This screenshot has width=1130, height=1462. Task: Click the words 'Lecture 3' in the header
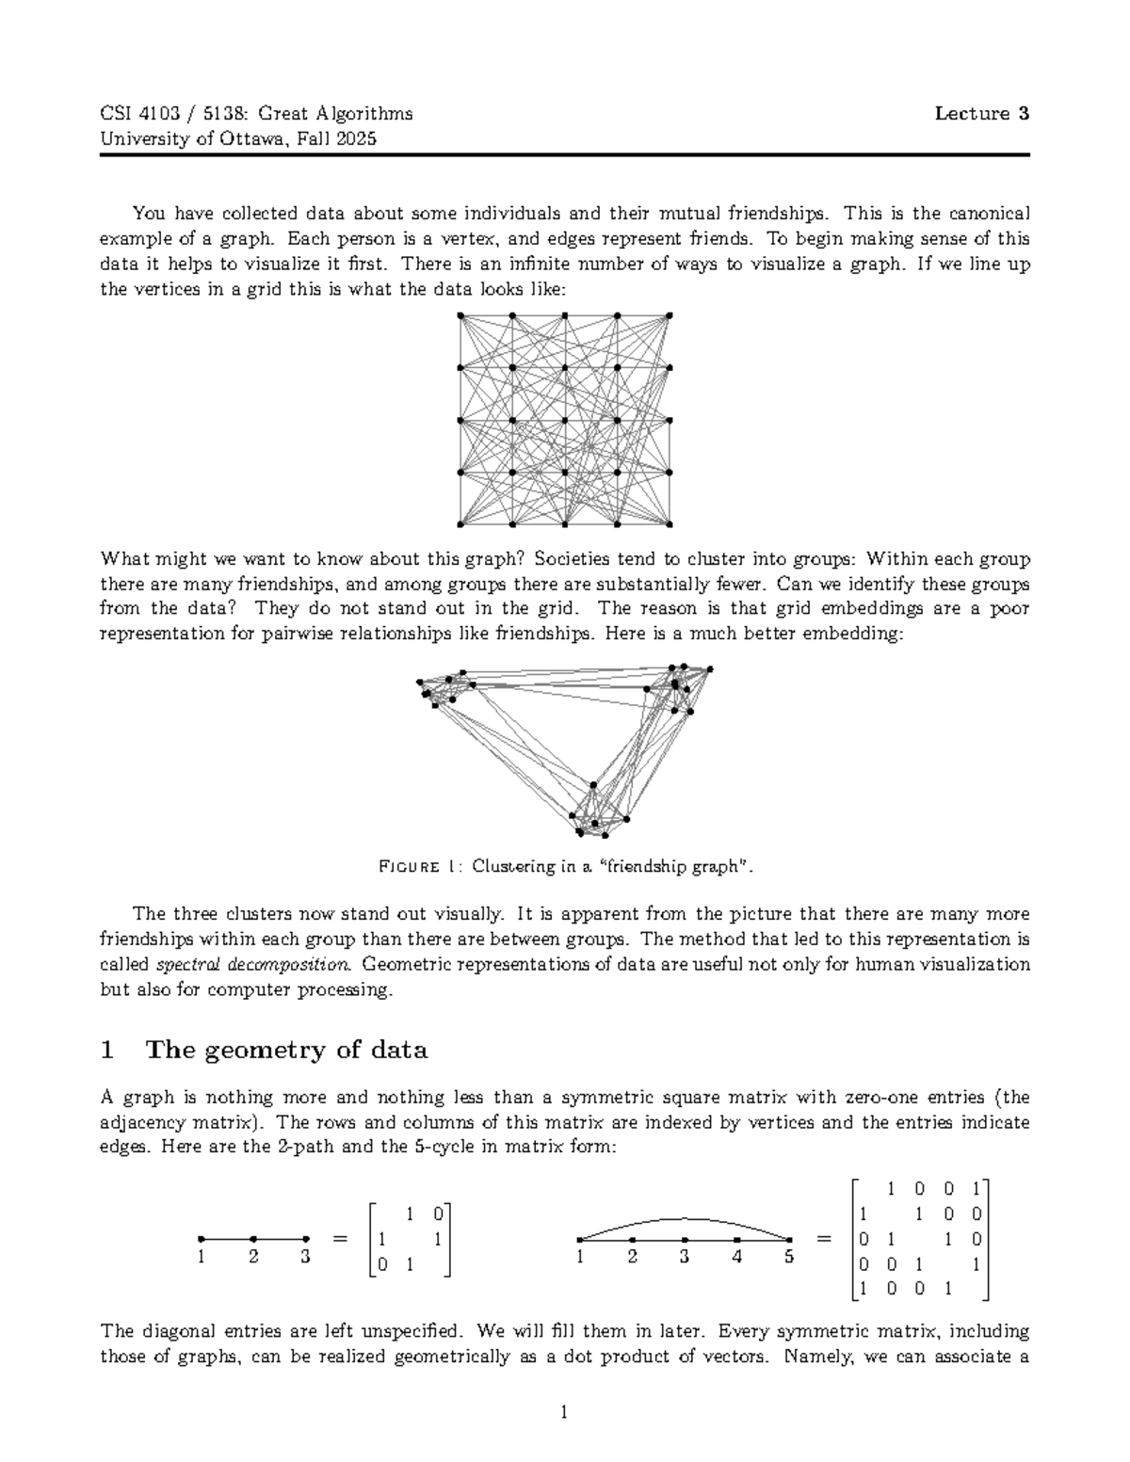coord(981,114)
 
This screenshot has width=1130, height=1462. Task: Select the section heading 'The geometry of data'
coord(287,1050)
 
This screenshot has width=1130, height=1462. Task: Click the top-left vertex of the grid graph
coord(460,315)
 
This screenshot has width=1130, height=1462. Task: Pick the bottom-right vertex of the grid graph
coord(669,523)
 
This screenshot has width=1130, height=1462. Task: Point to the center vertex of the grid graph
coord(564,420)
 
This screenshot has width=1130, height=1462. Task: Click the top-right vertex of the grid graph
coord(669,315)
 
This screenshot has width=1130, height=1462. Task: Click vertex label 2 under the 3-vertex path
coord(253,1257)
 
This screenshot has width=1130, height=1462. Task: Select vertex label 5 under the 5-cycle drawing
coord(789,1257)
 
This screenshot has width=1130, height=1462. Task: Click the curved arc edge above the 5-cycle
coord(685,1217)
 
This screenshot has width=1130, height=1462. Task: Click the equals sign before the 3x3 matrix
coord(340,1239)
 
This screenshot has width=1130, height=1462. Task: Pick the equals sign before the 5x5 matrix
coord(824,1239)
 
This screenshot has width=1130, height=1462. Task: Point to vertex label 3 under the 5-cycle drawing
coord(685,1257)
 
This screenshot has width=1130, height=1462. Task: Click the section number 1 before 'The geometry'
coord(107,1050)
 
